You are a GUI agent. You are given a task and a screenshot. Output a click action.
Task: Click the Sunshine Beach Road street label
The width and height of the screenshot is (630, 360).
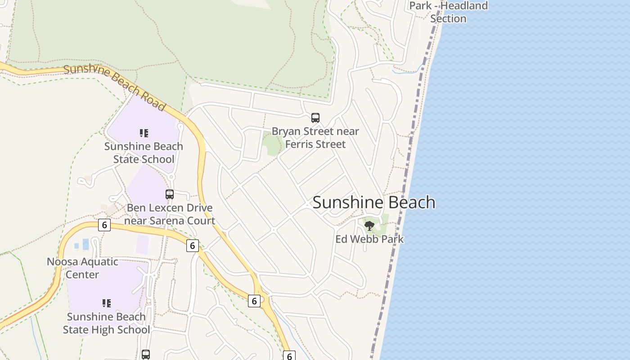click(x=114, y=87)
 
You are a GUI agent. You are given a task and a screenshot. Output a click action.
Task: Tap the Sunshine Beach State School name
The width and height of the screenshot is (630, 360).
click(x=144, y=153)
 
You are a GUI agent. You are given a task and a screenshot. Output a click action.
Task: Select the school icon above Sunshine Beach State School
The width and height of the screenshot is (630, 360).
click(x=144, y=133)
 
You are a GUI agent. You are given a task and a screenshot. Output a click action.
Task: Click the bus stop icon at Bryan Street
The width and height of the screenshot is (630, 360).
click(x=315, y=118)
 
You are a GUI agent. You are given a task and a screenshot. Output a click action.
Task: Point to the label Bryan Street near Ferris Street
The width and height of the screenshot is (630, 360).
click(x=315, y=138)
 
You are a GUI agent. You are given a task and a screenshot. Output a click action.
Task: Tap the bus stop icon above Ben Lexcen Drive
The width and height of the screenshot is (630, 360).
click(x=170, y=194)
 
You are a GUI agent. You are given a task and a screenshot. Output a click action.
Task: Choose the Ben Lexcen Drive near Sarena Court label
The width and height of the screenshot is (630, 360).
click(x=170, y=214)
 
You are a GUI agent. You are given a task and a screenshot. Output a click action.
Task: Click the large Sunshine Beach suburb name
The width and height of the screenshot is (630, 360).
click(x=373, y=202)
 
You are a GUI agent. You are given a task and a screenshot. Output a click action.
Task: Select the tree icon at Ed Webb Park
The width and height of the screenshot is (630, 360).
click(x=369, y=225)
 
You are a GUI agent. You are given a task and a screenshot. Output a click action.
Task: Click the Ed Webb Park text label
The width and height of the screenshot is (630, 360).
click(x=369, y=239)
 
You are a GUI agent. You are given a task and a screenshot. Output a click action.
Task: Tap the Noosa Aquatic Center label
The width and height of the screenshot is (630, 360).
click(x=82, y=268)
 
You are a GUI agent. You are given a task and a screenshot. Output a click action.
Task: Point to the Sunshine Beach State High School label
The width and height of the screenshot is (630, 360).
click(x=106, y=323)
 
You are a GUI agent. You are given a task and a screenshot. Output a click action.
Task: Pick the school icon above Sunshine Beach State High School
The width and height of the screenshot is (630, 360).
click(x=106, y=303)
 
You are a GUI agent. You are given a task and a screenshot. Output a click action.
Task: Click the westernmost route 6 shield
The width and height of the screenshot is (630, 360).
click(x=104, y=225)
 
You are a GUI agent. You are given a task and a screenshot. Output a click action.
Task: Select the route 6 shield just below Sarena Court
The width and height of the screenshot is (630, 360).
click(x=192, y=245)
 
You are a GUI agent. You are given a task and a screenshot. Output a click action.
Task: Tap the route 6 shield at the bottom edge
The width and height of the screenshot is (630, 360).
click(x=289, y=356)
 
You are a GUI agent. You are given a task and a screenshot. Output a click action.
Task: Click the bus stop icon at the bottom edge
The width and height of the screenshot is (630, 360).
click(x=146, y=354)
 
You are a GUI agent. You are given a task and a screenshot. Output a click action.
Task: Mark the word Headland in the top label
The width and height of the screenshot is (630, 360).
click(x=464, y=6)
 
